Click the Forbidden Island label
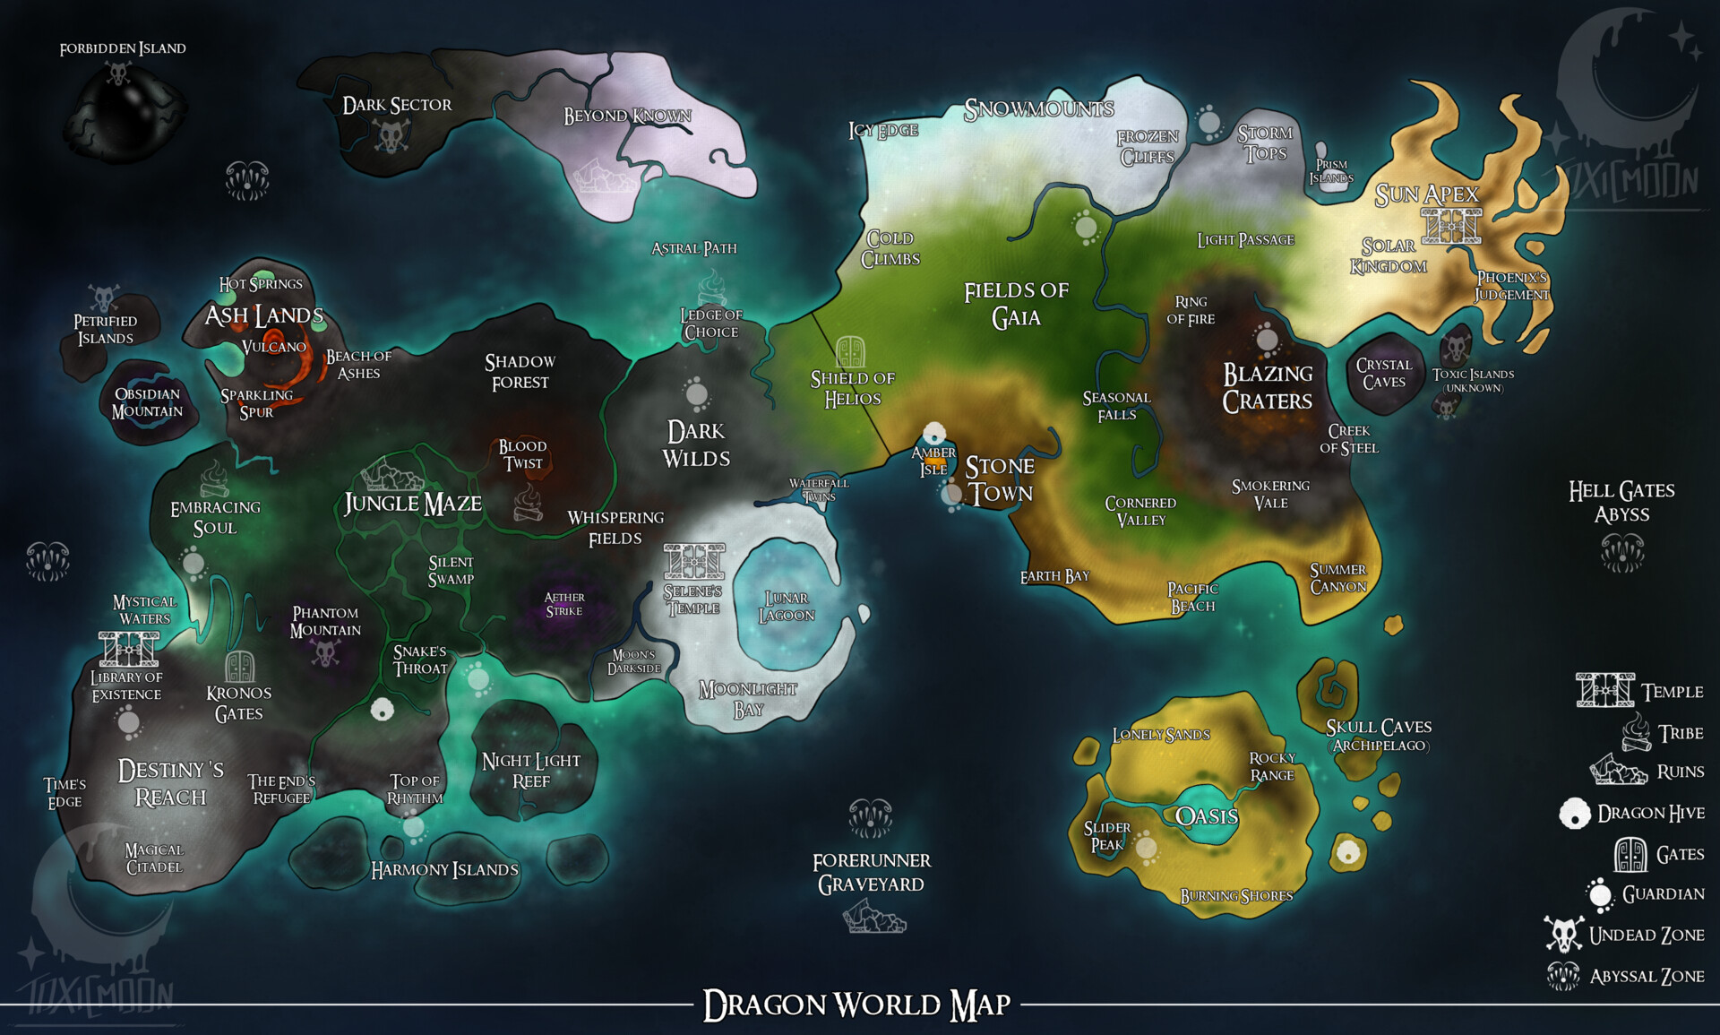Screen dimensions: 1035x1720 coord(123,48)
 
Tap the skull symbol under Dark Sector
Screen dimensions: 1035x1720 coord(391,136)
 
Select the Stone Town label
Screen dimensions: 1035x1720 coord(1000,479)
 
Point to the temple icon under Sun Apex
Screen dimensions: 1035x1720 coord(1451,225)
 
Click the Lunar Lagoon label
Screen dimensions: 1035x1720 coord(787,607)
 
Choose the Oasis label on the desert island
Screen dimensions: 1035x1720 coord(1207,816)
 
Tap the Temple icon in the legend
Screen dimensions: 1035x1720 coord(1604,691)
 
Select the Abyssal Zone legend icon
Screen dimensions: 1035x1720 coord(1563,976)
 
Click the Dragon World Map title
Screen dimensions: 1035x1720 coord(857,1005)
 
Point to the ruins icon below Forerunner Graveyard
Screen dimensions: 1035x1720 coord(873,917)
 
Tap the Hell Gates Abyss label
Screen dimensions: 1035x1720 coord(1621,502)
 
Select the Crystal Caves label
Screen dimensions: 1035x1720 coord(1383,374)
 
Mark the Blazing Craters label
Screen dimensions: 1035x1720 coord(1268,387)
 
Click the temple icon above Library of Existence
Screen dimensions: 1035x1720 coord(129,649)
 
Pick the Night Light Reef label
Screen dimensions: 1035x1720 coord(531,771)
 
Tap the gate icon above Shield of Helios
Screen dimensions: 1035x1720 coord(851,352)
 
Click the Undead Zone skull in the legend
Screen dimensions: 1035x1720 coord(1564,935)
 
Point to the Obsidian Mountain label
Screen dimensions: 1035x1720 coord(147,403)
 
